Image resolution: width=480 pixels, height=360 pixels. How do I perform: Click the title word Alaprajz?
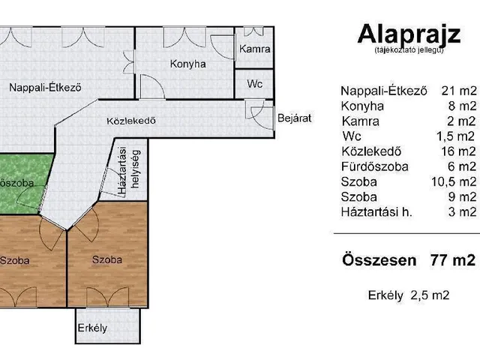(409, 35)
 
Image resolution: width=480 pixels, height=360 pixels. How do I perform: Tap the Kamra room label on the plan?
(255, 49)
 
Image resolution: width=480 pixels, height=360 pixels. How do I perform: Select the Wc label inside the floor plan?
(255, 83)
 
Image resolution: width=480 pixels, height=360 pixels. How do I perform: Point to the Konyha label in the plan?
(188, 64)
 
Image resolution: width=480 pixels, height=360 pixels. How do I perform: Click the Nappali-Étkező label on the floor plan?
(45, 88)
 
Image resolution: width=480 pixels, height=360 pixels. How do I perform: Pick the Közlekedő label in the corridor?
(131, 121)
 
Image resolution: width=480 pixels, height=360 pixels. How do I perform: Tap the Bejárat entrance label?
(295, 118)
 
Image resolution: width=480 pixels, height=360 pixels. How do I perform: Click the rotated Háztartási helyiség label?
(129, 170)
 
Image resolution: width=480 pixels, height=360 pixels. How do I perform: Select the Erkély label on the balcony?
(92, 328)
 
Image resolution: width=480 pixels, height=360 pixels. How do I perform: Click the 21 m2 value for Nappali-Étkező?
(459, 91)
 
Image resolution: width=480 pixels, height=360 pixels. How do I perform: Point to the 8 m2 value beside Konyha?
(463, 106)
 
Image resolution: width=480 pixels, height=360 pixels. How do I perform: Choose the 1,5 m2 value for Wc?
(456, 136)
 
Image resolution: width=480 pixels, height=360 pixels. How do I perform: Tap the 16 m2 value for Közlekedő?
(459, 151)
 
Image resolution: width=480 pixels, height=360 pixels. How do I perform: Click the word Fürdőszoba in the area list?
(375, 166)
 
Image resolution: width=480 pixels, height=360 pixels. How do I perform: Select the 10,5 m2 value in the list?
(454, 181)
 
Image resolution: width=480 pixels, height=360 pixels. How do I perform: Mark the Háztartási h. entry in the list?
(376, 212)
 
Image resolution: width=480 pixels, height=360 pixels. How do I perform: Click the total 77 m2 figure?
(453, 260)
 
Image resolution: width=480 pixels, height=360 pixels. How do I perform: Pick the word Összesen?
(379, 260)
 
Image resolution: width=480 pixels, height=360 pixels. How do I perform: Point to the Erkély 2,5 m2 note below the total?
(409, 295)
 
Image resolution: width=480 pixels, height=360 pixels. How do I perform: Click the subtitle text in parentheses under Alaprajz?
(409, 50)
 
